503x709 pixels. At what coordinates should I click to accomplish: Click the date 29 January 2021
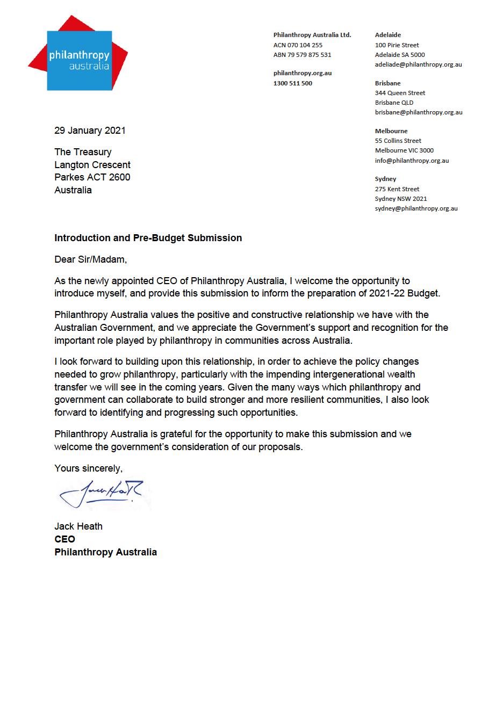pos(90,131)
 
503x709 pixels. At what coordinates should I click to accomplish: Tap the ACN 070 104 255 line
pos(298,45)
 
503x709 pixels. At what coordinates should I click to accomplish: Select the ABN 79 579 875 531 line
pos(302,55)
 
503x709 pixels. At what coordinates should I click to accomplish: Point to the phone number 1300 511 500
pos(292,83)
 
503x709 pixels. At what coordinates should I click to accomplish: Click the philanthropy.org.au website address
pos(302,73)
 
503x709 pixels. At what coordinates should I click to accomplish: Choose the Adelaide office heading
pos(387,35)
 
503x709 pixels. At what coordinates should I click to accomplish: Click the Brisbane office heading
pos(387,83)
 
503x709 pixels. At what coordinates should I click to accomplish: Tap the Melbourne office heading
pos(391,131)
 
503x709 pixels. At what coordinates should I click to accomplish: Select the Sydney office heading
pos(385,179)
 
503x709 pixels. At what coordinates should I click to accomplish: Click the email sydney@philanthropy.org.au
pos(416,208)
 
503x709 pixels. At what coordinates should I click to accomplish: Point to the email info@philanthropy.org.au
pos(412,161)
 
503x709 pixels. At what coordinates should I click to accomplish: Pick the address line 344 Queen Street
pos(400,93)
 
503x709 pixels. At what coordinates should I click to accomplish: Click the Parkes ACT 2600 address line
pos(92,177)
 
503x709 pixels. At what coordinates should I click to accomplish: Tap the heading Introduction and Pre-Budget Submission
pos(148,238)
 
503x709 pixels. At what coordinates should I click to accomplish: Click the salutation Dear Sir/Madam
pos(90,259)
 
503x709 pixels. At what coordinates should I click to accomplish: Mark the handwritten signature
pos(102,494)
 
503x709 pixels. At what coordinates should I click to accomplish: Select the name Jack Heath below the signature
pos(78,526)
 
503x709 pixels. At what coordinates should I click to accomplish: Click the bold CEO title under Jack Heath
pos(64,539)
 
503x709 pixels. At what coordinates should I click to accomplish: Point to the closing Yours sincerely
pos(88,468)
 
